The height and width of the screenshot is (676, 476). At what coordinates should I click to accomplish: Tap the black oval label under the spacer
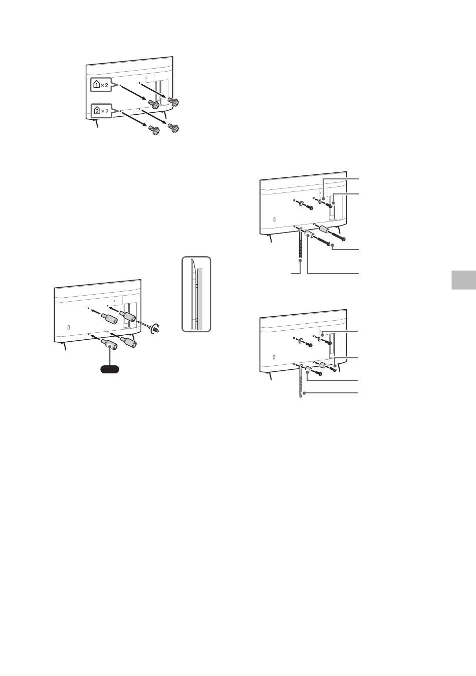[x=109, y=369]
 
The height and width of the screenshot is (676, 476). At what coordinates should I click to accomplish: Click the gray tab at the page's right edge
[x=463, y=280]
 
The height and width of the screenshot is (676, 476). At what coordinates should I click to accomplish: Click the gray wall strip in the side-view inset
[x=201, y=298]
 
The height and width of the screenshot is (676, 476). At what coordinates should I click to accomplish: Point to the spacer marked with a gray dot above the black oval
[x=110, y=344]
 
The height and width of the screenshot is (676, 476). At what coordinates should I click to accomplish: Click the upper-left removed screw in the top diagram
[x=154, y=104]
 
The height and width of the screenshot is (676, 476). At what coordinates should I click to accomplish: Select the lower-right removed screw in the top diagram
[x=174, y=127]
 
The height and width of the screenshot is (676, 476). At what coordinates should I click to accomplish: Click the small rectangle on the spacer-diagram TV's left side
[x=69, y=327]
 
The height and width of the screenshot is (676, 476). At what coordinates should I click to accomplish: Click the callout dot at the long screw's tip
[x=332, y=246]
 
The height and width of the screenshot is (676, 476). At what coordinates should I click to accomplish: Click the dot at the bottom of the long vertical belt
[x=300, y=260]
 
